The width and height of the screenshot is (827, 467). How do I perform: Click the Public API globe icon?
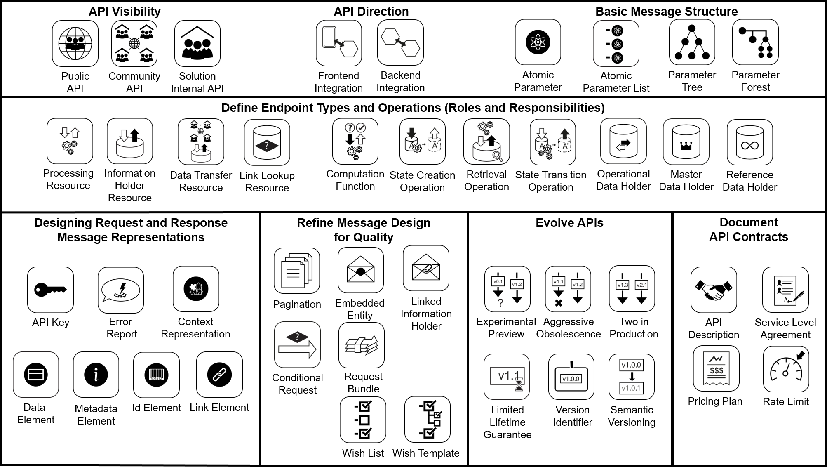point(75,44)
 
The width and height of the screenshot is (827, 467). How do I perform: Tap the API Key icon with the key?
point(50,290)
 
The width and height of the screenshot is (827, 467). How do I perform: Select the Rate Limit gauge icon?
point(786,369)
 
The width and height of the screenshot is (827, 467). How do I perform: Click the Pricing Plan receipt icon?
point(716,368)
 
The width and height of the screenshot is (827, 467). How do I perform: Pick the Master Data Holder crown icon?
point(686,142)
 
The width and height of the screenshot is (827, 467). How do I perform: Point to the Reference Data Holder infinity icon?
point(749,142)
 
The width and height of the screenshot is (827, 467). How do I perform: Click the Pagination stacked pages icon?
point(297,271)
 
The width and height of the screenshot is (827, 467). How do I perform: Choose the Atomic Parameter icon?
point(538,42)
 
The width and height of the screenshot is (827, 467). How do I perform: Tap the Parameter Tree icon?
point(692,42)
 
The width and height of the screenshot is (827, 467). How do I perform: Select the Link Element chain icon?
point(219,375)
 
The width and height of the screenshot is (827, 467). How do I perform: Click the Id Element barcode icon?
point(156,375)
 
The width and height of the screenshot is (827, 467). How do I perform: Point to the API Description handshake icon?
point(714,290)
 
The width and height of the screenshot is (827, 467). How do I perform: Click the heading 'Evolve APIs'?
point(569,223)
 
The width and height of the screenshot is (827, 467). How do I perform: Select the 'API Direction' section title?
point(371,12)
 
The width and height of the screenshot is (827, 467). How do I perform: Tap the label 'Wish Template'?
point(426,453)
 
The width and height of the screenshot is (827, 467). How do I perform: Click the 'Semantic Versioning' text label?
point(632,416)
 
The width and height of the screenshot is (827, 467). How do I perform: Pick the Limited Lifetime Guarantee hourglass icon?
point(507,377)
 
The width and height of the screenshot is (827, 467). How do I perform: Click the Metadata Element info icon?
point(96,375)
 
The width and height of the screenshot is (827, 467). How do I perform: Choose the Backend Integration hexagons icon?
point(400,42)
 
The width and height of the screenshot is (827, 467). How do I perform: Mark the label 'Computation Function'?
point(355,180)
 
